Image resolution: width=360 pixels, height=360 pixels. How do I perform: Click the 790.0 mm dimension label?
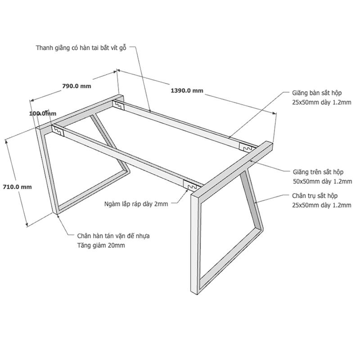(76, 86)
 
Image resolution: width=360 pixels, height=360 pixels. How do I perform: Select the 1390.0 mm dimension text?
(187, 90)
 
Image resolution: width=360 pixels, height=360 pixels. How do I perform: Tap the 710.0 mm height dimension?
(17, 187)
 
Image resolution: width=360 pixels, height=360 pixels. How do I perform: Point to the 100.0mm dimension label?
(43, 113)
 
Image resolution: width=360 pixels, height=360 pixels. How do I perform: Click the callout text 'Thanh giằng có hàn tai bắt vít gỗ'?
(81, 48)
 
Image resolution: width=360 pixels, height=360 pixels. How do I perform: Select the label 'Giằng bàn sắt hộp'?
(317, 93)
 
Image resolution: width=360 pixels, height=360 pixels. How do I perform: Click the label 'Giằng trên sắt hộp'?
(318, 172)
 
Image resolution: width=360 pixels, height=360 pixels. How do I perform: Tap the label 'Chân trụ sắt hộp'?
(315, 196)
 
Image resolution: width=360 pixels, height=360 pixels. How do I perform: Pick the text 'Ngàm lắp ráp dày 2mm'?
(136, 204)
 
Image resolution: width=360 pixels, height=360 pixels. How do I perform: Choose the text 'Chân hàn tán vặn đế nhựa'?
(113, 236)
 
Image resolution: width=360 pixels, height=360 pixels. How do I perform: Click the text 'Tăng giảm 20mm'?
(101, 245)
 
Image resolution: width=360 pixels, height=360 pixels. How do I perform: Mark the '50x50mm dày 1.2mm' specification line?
(322, 182)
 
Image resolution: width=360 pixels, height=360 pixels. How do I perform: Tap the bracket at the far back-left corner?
(118, 105)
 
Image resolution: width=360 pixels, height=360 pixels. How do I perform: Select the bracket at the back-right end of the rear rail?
(247, 148)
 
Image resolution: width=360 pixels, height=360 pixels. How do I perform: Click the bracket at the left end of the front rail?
(58, 130)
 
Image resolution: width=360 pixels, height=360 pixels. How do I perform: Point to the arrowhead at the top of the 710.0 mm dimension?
(7, 142)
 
